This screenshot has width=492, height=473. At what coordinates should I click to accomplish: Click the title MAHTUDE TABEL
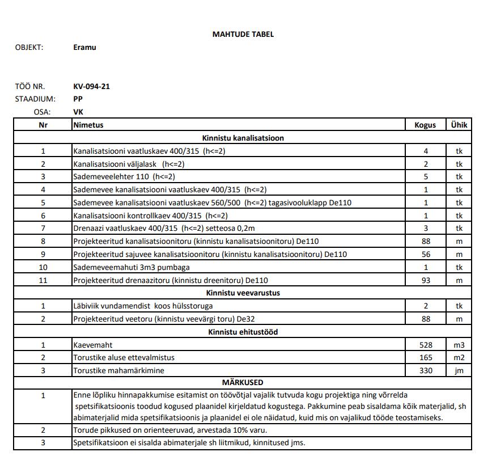pyautogui.click(x=243, y=34)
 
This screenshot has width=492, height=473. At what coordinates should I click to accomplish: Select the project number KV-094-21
pyautogui.click(x=91, y=87)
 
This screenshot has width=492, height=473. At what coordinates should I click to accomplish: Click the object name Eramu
pyautogui.click(x=85, y=48)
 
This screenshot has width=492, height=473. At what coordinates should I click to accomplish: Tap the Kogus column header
pyautogui.click(x=426, y=125)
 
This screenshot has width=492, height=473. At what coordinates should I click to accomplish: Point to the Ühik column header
pyautogui.click(x=459, y=125)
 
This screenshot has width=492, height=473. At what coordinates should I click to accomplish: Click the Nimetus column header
pyautogui.click(x=88, y=125)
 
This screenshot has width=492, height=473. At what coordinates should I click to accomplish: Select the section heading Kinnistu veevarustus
pyautogui.click(x=243, y=293)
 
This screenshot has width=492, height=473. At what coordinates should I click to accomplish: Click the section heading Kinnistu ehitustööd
pyautogui.click(x=243, y=332)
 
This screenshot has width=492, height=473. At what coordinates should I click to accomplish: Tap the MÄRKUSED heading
pyautogui.click(x=243, y=382)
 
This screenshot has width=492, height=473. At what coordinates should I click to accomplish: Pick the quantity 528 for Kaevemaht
pyautogui.click(x=426, y=345)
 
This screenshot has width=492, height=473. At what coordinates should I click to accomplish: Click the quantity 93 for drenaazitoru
pyautogui.click(x=426, y=280)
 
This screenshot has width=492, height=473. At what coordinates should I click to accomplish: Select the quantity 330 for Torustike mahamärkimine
pyautogui.click(x=426, y=370)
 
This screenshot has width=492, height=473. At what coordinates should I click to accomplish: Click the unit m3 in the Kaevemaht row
pyautogui.click(x=459, y=345)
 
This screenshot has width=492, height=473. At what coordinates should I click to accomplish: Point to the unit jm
pyautogui.click(x=459, y=370)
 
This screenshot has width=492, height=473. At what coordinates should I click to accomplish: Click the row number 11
pyautogui.click(x=43, y=280)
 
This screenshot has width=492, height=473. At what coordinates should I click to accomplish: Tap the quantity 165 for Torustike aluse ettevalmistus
pyautogui.click(x=426, y=357)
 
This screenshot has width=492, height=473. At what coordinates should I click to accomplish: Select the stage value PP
pyautogui.click(x=78, y=99)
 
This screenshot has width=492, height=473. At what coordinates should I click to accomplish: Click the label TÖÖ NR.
pyautogui.click(x=30, y=87)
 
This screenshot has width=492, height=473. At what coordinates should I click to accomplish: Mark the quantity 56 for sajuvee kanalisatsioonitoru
pyautogui.click(x=426, y=254)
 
